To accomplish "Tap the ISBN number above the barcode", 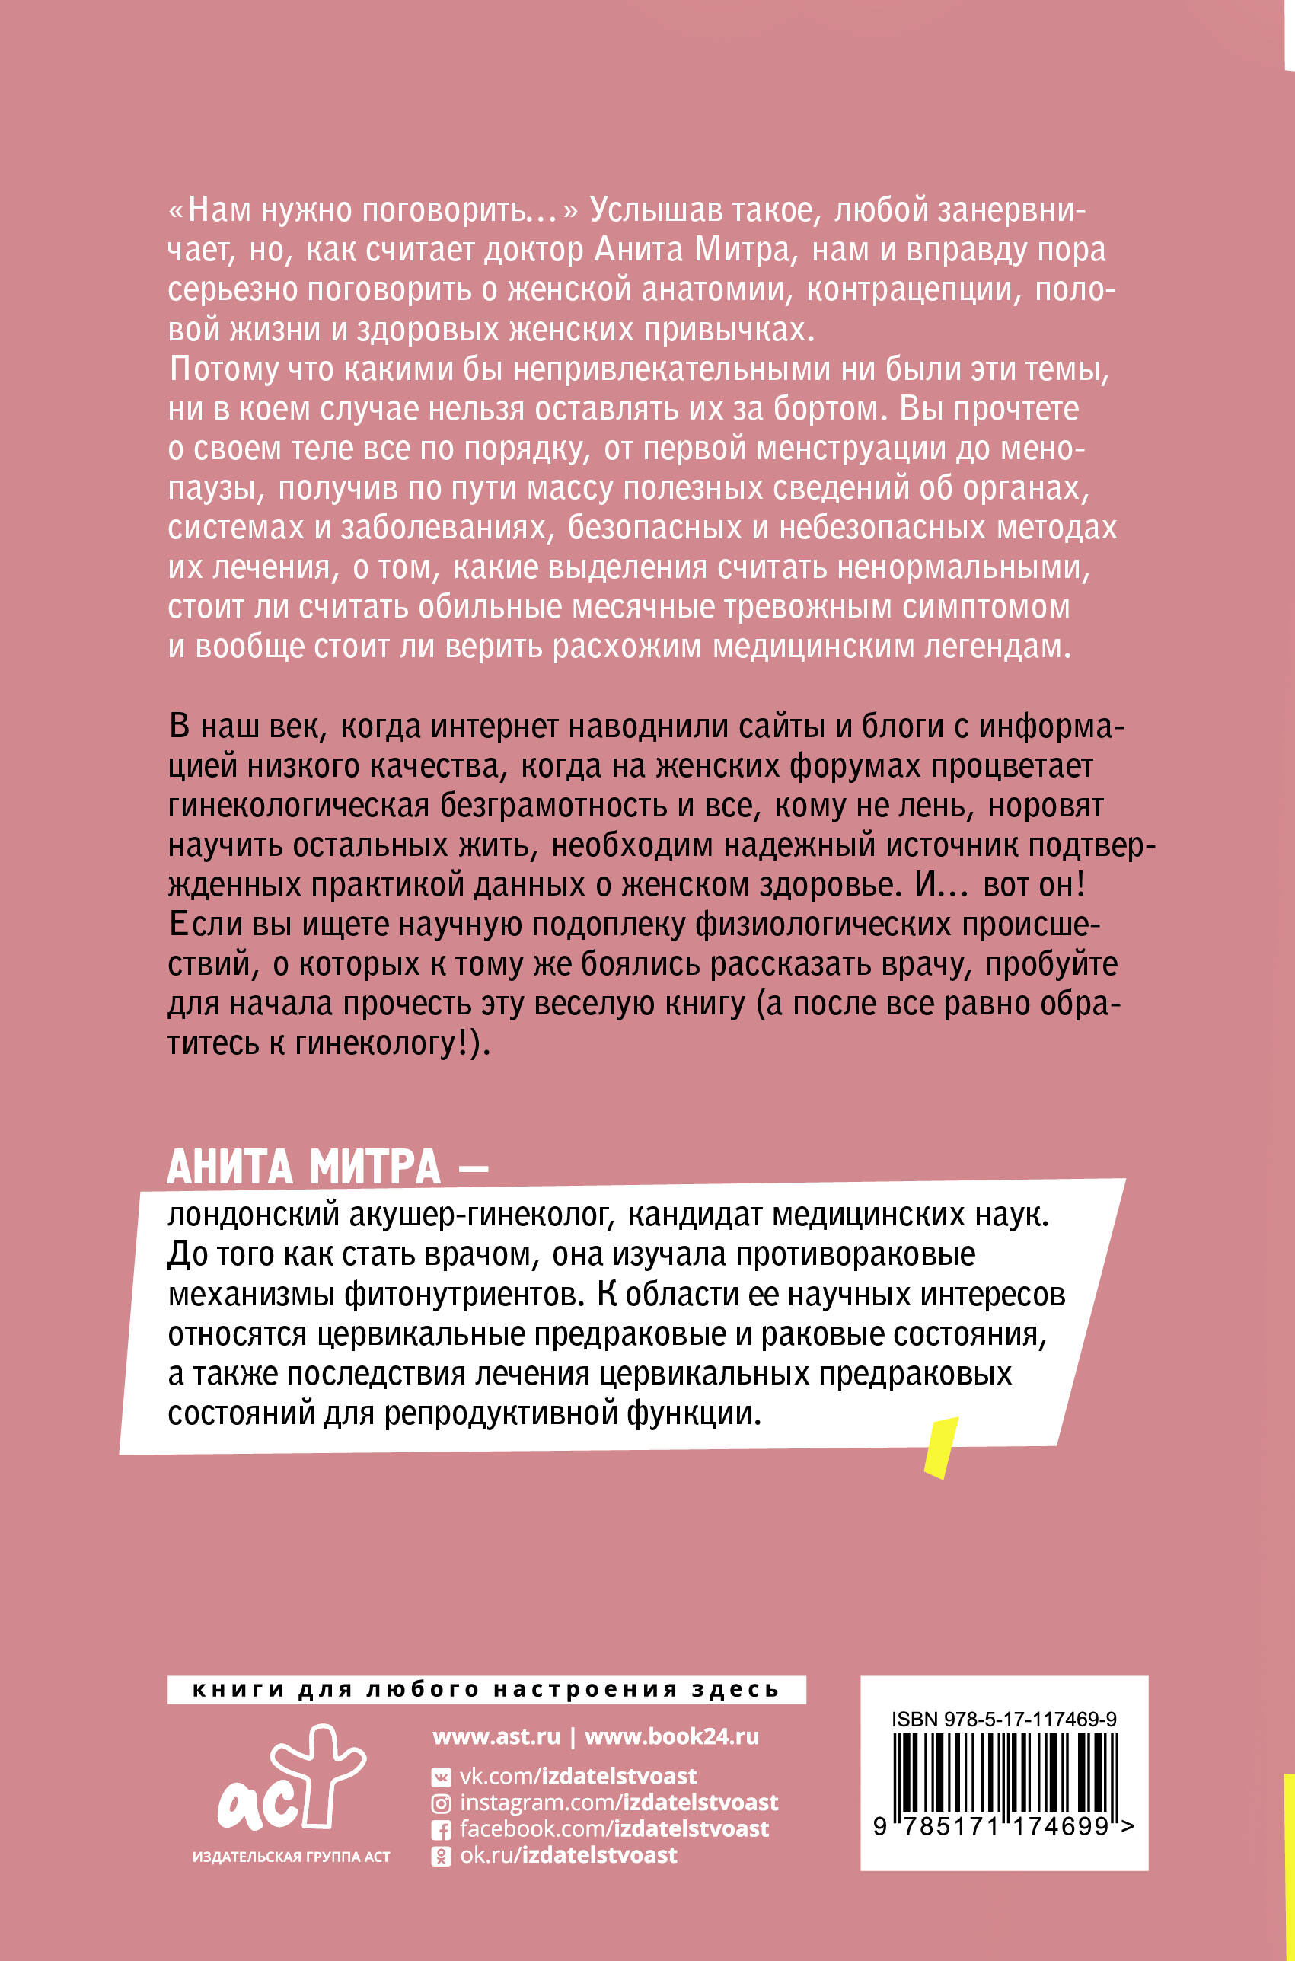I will tap(1003, 1719).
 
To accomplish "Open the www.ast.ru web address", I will tap(496, 1737).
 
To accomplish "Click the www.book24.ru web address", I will tap(671, 1737).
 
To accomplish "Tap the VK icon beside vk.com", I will tap(442, 1777).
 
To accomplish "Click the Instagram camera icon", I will tap(442, 1803).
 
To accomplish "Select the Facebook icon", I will tap(442, 1830).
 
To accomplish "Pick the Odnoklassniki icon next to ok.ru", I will tap(442, 1856).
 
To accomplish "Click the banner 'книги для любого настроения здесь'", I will tap(486, 1690).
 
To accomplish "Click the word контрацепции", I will tap(908, 291).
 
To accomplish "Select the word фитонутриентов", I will tap(460, 1295).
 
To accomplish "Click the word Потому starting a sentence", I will tap(222, 370).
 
